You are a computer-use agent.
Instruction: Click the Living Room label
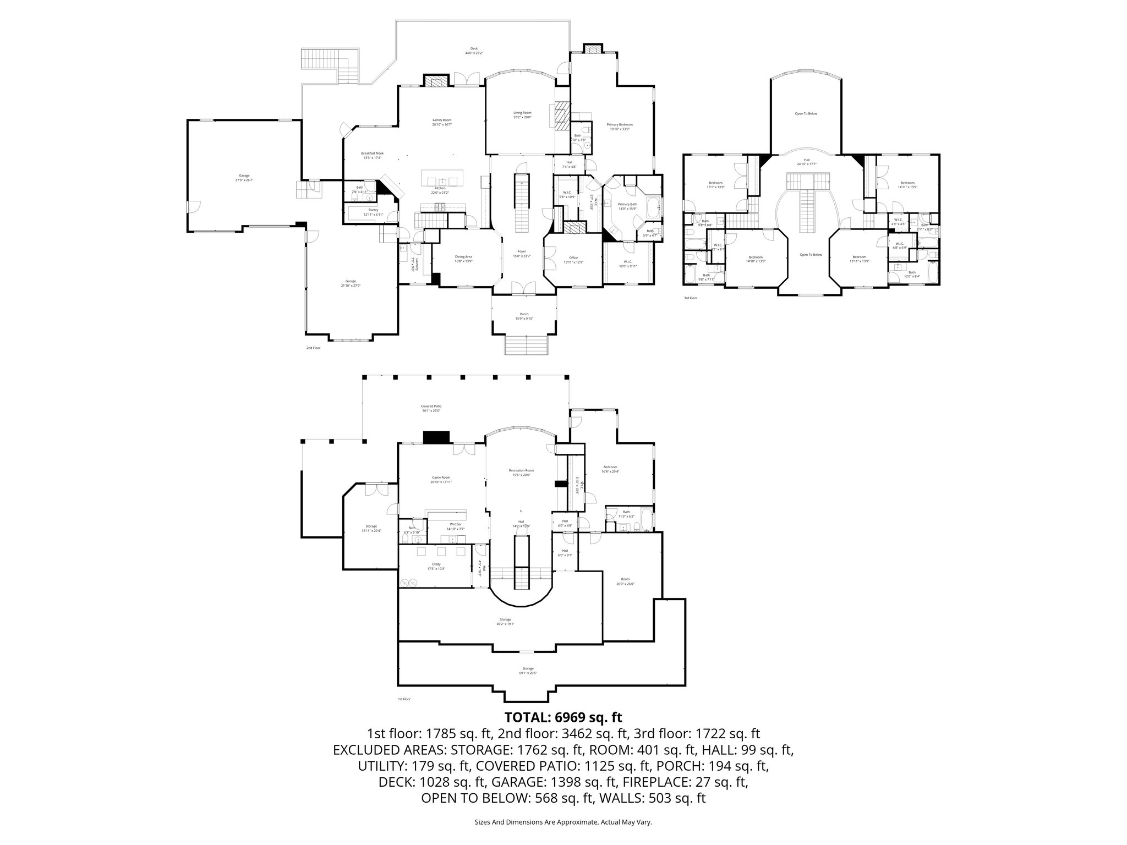pos(522,114)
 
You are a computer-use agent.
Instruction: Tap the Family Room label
pos(441,122)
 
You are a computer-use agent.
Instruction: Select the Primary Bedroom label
pos(619,127)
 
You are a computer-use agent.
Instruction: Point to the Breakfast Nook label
pos(372,155)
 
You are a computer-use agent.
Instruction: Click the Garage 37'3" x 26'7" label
pos(244,178)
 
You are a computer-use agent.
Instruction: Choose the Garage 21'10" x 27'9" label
pos(351,283)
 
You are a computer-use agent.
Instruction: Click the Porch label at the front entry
pos(524,316)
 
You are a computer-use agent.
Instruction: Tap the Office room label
pos(573,260)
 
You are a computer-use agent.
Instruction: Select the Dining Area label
pos(463,259)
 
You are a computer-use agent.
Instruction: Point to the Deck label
pos(474,51)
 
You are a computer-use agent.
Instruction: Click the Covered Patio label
pos(431,408)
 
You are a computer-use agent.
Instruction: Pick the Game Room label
pos(441,479)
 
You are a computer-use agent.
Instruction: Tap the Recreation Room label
pos(521,473)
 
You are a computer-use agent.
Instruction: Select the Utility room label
pos(436,566)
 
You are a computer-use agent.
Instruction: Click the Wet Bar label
pos(455,526)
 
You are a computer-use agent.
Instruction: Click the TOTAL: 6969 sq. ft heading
pos(563,717)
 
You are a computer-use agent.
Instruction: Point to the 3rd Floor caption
pos(690,298)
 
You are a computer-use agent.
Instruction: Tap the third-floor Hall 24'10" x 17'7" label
pos(807,161)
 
